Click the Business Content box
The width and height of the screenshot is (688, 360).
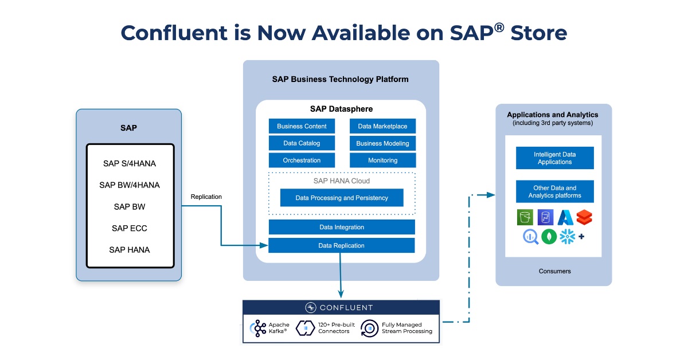(x=302, y=126)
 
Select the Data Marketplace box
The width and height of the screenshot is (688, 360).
(x=382, y=126)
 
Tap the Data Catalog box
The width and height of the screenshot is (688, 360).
(x=302, y=143)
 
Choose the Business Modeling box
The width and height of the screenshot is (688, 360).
(x=382, y=143)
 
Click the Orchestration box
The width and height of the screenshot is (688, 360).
(x=302, y=161)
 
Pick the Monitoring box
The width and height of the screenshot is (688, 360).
(x=382, y=161)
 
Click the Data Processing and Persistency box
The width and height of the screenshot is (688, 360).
(x=342, y=198)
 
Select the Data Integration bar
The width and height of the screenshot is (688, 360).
(x=342, y=228)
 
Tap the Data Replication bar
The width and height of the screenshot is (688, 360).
(x=342, y=246)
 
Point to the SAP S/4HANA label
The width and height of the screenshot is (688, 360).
(x=130, y=163)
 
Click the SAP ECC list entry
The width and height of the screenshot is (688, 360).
(x=130, y=228)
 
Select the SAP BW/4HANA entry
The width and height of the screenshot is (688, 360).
(x=130, y=185)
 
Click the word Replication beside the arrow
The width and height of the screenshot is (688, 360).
(x=206, y=197)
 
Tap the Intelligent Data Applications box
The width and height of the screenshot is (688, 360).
(x=554, y=158)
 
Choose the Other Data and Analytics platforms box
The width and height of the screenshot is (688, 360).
(x=554, y=192)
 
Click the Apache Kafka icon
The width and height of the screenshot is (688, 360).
(x=257, y=328)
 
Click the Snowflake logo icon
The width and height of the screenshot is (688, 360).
(x=567, y=236)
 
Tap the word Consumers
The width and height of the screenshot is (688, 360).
(x=554, y=271)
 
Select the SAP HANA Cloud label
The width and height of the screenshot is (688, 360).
(x=342, y=181)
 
